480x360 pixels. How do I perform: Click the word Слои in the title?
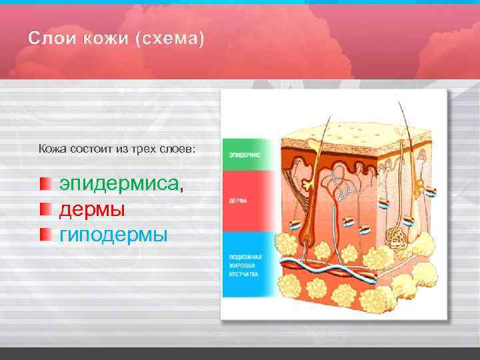[51, 39]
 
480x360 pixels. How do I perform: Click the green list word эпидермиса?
[119, 183]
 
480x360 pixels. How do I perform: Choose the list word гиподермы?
[113, 235]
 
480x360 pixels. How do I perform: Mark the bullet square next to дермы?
[45, 209]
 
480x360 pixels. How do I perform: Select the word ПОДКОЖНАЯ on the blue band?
[245, 257]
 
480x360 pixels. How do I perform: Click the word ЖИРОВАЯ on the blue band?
[241, 265]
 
